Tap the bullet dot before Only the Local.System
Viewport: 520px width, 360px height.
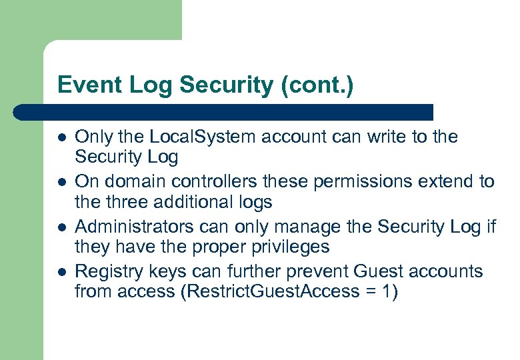(x=61, y=138)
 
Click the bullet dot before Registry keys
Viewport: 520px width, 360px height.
(x=61, y=273)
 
